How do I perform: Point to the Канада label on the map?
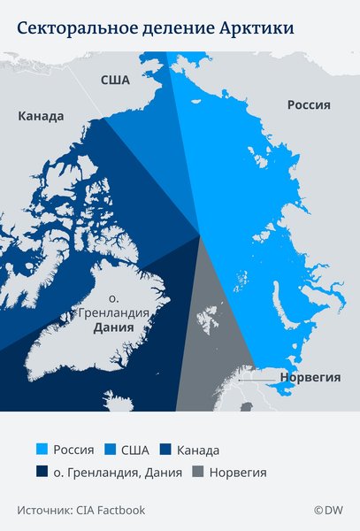[x=41, y=116]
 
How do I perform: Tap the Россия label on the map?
[x=309, y=104]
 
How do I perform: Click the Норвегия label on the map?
[x=310, y=376]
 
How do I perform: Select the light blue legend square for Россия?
[x=42, y=450]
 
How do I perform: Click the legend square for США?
[x=111, y=450]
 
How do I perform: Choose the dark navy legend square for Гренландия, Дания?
[x=42, y=472]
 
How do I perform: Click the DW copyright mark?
[x=328, y=510]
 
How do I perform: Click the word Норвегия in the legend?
[x=237, y=472]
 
